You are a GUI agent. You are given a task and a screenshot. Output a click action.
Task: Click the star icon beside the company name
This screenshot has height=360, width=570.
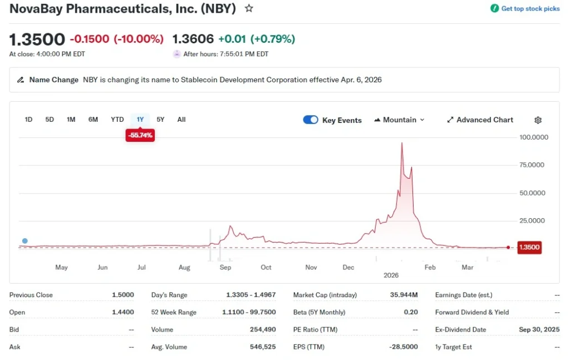click(249, 8)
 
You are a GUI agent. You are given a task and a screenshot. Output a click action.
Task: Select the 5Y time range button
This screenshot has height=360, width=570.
click(160, 119)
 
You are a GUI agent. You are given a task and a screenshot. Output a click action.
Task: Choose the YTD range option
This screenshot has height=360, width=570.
click(117, 119)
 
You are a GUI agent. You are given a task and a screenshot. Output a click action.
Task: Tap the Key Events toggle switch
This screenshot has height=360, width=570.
click(311, 120)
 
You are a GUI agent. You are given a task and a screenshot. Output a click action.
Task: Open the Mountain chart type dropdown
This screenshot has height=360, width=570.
click(399, 120)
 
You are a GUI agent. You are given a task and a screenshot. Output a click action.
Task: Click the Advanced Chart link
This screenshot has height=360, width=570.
click(480, 120)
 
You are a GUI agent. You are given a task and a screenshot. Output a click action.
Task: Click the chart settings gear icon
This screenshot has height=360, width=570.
click(538, 120)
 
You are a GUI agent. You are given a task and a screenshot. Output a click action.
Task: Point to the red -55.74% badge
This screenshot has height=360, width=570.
click(140, 135)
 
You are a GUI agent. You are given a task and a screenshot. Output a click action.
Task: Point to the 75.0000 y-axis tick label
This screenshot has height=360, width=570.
click(533, 165)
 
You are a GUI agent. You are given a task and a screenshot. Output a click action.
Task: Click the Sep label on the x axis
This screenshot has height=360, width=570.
click(225, 268)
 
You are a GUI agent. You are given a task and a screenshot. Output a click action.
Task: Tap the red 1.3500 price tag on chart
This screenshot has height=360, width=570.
click(529, 248)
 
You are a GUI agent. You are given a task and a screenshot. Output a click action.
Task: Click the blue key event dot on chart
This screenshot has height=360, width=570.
click(24, 241)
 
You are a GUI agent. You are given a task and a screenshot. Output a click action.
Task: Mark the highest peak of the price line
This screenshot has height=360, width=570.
click(402, 143)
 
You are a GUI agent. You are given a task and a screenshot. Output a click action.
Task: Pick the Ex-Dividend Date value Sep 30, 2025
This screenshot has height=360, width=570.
click(539, 329)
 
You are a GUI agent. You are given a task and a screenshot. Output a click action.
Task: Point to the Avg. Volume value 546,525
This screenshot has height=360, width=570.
click(263, 347)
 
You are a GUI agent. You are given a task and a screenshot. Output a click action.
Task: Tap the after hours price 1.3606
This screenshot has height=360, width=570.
click(193, 39)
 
